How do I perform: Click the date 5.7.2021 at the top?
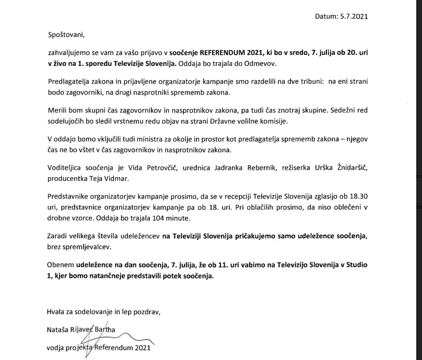[x=353, y=16]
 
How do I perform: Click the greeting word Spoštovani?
[x=65, y=36]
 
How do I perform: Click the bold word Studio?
[x=355, y=265]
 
